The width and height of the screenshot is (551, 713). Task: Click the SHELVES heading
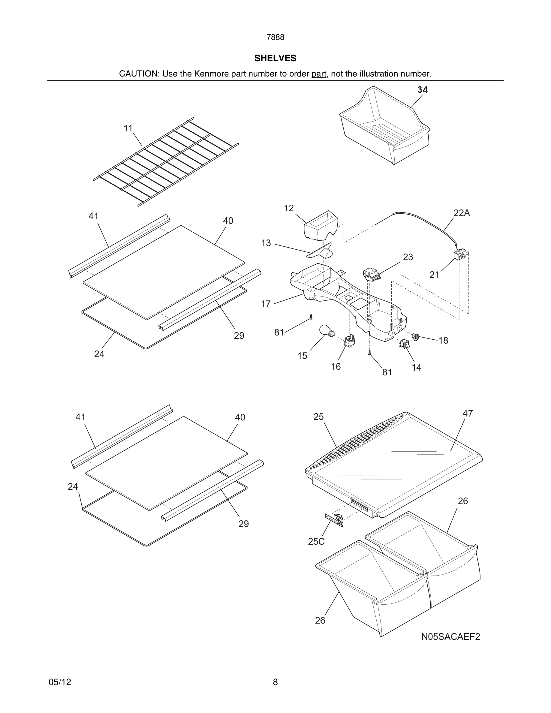(x=275, y=58)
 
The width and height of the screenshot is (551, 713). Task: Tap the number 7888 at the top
(x=275, y=38)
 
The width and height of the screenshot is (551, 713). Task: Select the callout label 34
(x=422, y=90)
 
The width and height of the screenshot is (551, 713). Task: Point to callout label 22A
(x=462, y=213)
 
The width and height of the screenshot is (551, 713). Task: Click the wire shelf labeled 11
(x=166, y=162)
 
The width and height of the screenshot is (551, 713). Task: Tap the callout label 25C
(x=316, y=542)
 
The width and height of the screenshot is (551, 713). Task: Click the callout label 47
(x=468, y=414)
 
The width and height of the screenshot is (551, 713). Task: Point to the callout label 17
(x=266, y=304)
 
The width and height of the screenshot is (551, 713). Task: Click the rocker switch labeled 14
(x=404, y=343)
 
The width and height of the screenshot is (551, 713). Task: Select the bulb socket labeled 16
(x=350, y=341)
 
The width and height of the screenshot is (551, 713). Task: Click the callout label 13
(x=266, y=243)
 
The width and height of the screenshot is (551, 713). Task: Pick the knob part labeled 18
(x=416, y=337)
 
